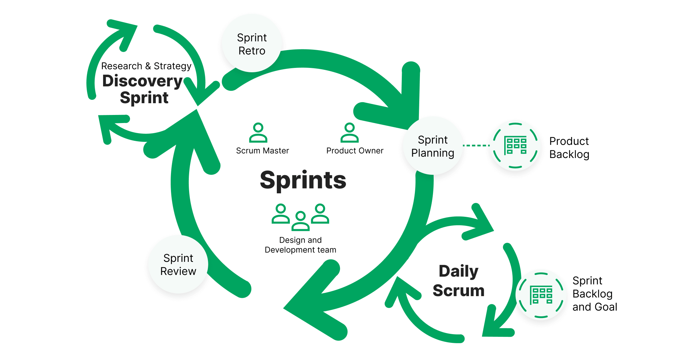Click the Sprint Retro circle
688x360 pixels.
point(252,44)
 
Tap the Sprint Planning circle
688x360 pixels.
point(432,146)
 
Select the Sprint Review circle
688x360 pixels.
point(178,264)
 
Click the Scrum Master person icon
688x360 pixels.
point(258,133)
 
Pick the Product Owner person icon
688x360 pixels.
point(349,133)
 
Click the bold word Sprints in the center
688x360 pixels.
point(303,180)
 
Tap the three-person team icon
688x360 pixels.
point(300,217)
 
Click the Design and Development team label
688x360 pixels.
point(300,245)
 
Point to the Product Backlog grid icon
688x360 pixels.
point(515,146)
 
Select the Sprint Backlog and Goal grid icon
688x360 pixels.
point(541,295)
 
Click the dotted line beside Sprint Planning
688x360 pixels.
point(476,146)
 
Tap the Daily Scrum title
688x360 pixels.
point(459,281)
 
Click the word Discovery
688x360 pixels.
point(142,81)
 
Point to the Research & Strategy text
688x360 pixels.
point(146,66)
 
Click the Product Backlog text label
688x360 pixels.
point(569,148)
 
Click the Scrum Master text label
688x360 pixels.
point(262,151)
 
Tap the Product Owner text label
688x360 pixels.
point(355,151)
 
